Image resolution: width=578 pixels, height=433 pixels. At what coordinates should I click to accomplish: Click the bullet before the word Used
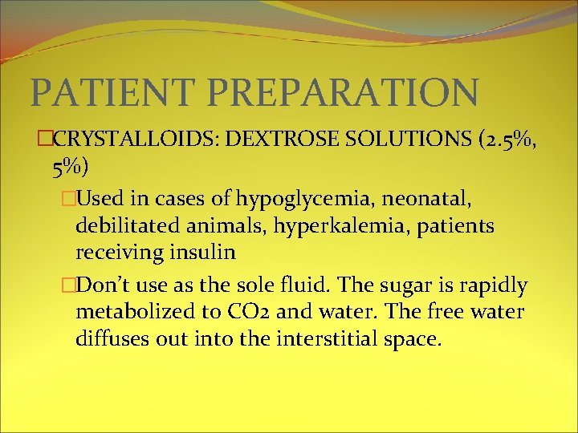pyautogui.click(x=68, y=198)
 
